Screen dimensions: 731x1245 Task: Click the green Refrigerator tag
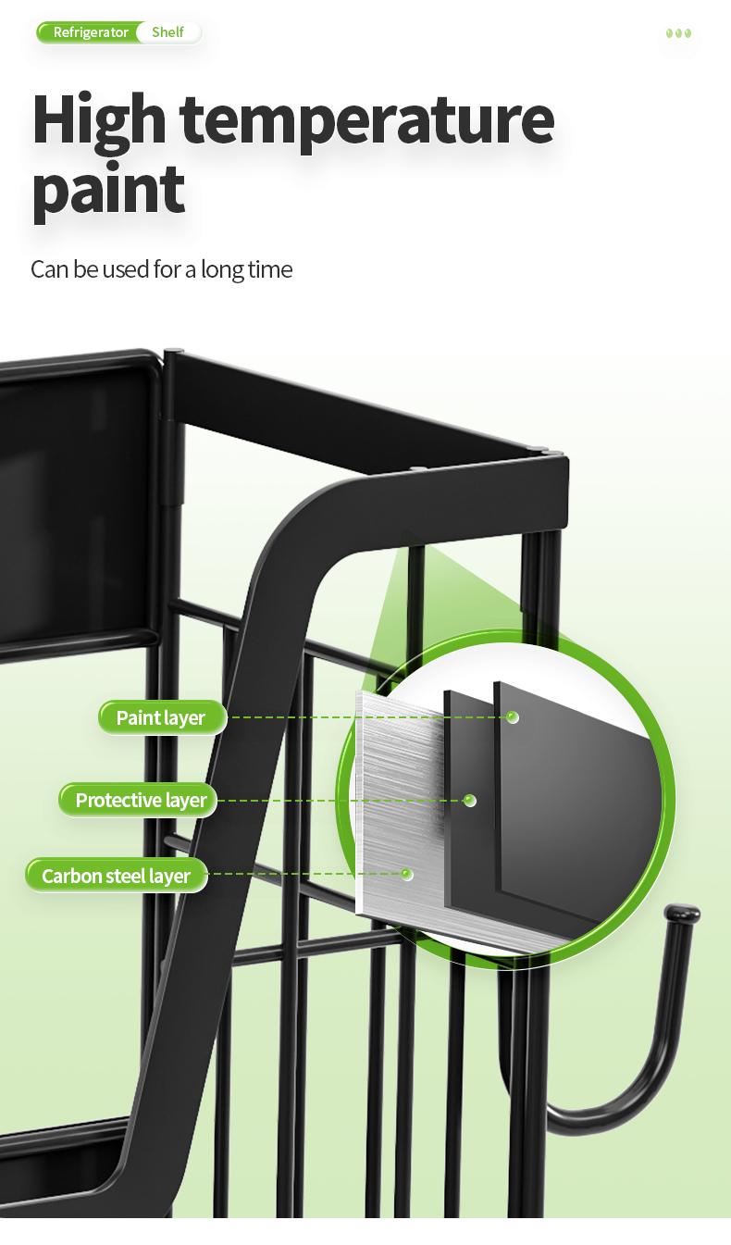[89, 32]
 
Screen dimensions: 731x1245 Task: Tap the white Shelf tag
[167, 32]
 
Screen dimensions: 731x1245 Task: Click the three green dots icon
[678, 33]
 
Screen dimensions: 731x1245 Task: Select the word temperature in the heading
[367, 122]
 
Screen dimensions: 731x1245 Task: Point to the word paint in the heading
[108, 192]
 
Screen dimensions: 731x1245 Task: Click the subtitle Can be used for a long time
[161, 269]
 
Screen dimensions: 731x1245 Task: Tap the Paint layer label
[162, 717]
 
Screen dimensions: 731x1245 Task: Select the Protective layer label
[137, 800]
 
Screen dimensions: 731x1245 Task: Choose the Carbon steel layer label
[116, 876]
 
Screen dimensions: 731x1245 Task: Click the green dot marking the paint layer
[513, 717]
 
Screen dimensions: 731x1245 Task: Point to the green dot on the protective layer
[470, 801]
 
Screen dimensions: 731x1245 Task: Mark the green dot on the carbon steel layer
[406, 875]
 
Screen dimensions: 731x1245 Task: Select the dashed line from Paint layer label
[367, 717]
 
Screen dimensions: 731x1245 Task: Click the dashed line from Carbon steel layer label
[305, 875]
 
